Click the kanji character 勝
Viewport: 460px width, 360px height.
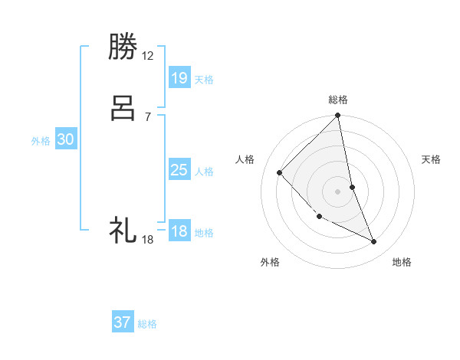124,48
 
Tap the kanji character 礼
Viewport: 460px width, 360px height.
124,230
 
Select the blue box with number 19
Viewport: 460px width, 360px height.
179,78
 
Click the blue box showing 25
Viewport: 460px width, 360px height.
179,170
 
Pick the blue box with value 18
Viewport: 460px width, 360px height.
179,231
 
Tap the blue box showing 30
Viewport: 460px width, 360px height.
66,139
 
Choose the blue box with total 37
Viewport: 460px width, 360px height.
123,322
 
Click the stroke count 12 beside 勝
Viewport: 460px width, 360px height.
148,56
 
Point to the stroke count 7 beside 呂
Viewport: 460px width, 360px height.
148,117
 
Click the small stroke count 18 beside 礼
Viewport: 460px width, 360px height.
148,240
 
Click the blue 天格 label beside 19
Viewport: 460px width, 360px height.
204,80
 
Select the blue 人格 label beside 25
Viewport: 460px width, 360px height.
204,172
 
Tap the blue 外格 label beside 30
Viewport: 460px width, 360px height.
41,141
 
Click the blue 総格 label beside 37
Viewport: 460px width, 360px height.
147,324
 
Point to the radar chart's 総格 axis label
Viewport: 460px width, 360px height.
338,100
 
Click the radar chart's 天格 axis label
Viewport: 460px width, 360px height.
431,159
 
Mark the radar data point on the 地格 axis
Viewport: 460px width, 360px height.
374,242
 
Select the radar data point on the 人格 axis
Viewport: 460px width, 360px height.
280,172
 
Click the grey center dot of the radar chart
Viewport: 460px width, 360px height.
338,191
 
